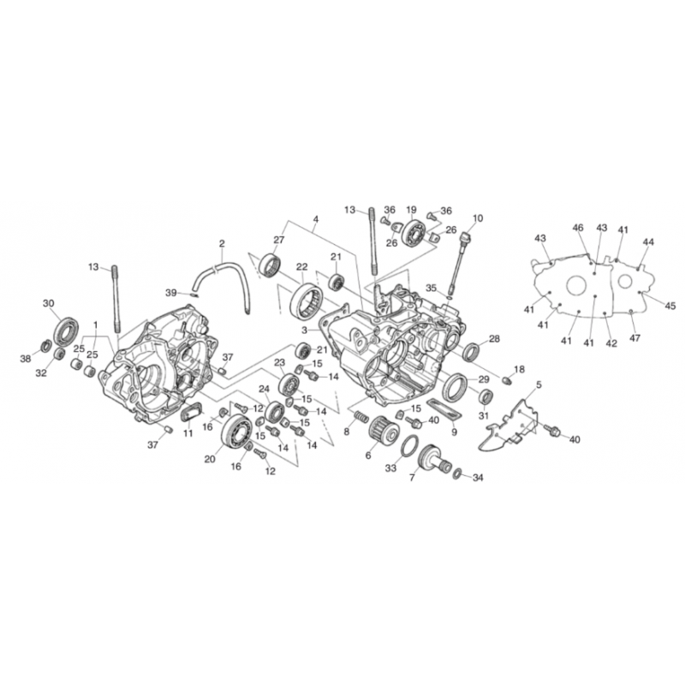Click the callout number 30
pyautogui.click(x=49, y=303)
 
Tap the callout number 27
pyautogui.click(x=279, y=240)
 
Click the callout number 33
pyautogui.click(x=390, y=468)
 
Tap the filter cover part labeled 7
pyautogui.click(x=435, y=459)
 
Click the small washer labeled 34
pyautogui.click(x=458, y=474)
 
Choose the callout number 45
pyautogui.click(x=670, y=306)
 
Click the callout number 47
pyautogui.click(x=634, y=338)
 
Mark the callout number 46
pyautogui.click(x=577, y=228)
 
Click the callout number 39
pyautogui.click(x=171, y=292)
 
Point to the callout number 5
pyautogui.click(x=539, y=384)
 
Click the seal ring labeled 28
pyautogui.click(x=471, y=352)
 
